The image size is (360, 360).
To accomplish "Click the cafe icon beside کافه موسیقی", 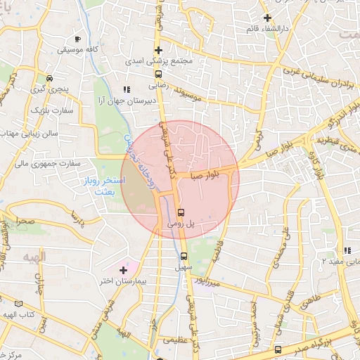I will coord(77,38).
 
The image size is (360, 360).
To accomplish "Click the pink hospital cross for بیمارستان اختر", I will coord(124,269).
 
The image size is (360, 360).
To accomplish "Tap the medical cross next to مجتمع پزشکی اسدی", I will coord(158,50).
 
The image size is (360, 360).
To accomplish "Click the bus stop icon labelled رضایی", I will coord(158,72).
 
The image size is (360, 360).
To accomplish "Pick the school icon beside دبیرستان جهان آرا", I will coord(127,89).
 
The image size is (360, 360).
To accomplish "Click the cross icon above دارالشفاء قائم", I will coord(267,18).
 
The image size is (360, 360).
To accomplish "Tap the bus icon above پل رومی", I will coord(182,211).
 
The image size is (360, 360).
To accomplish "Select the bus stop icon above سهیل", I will coord(184,256).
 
